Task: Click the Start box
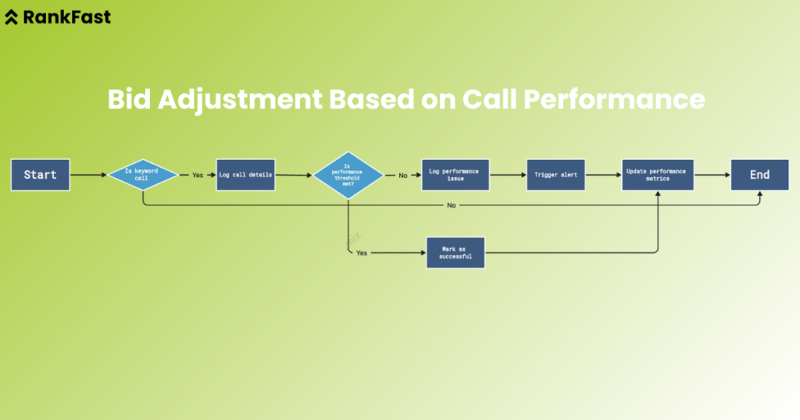(x=40, y=175)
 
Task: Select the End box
(x=759, y=175)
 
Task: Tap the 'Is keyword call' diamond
(x=142, y=175)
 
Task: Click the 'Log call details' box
(x=245, y=175)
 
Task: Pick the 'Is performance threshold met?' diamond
(x=348, y=175)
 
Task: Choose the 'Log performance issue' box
(x=455, y=175)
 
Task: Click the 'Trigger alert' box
(x=555, y=175)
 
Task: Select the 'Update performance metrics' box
(x=658, y=175)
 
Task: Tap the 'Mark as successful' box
(x=455, y=253)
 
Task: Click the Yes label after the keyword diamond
(x=198, y=175)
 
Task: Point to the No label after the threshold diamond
(x=403, y=175)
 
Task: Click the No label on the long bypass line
(x=452, y=205)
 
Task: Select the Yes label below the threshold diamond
(x=362, y=253)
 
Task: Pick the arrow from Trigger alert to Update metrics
(x=603, y=175)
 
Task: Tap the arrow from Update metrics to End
(x=712, y=175)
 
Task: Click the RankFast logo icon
(x=12, y=17)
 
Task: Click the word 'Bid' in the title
(x=127, y=100)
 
